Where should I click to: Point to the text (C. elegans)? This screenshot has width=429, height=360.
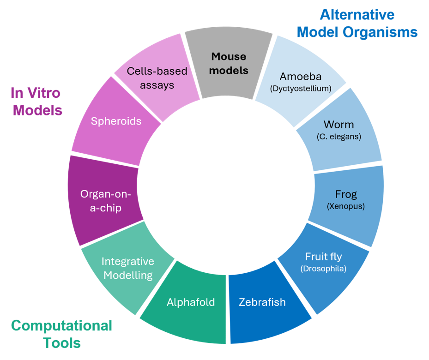(339, 137)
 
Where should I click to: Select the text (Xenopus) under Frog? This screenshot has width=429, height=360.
(346, 206)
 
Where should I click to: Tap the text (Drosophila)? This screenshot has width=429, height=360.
(323, 269)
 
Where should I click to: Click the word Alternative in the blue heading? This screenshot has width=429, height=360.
(357, 15)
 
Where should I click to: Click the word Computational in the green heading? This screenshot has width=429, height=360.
(61, 326)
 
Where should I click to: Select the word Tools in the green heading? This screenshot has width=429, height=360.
(62, 343)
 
